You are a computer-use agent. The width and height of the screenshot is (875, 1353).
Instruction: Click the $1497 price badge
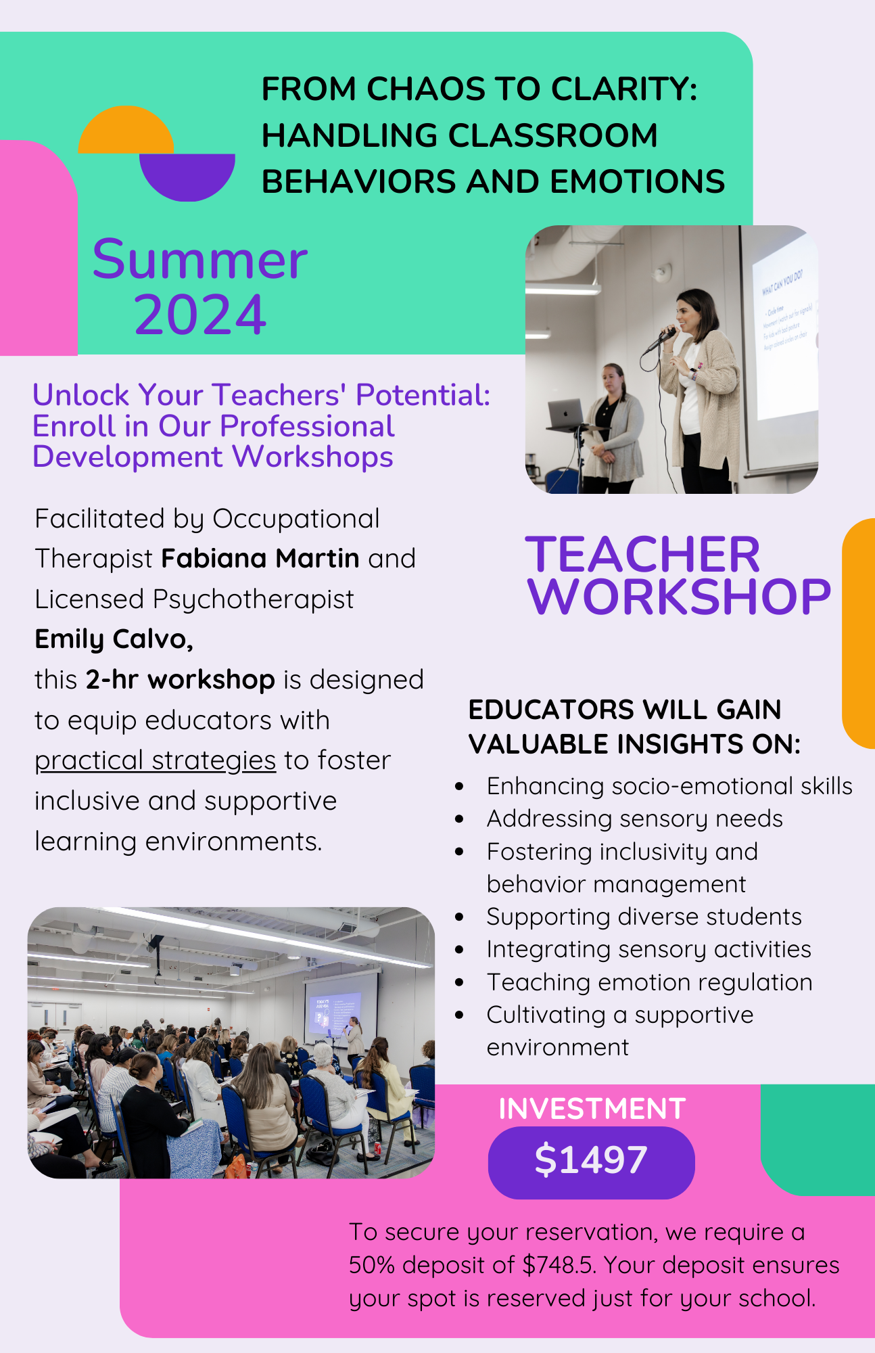click(x=591, y=1161)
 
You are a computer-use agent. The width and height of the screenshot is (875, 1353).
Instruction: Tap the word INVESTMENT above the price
click(x=592, y=1109)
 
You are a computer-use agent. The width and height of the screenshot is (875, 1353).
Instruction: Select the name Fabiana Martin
click(x=260, y=559)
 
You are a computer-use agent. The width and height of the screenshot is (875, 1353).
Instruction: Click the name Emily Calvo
click(x=114, y=639)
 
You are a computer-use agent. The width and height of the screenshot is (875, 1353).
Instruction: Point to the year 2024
click(x=200, y=315)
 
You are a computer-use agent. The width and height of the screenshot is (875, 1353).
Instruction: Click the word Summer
click(x=200, y=260)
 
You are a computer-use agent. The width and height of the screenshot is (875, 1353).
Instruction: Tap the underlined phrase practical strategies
click(x=155, y=760)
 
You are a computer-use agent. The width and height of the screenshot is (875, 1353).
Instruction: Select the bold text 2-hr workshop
click(x=180, y=679)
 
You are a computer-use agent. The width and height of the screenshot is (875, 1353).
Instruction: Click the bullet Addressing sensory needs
click(x=634, y=819)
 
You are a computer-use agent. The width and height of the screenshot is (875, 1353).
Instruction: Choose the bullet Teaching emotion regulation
click(x=649, y=982)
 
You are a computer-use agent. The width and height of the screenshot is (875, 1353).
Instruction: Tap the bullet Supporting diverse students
click(x=644, y=917)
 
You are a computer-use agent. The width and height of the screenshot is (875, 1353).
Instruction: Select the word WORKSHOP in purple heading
click(x=678, y=597)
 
